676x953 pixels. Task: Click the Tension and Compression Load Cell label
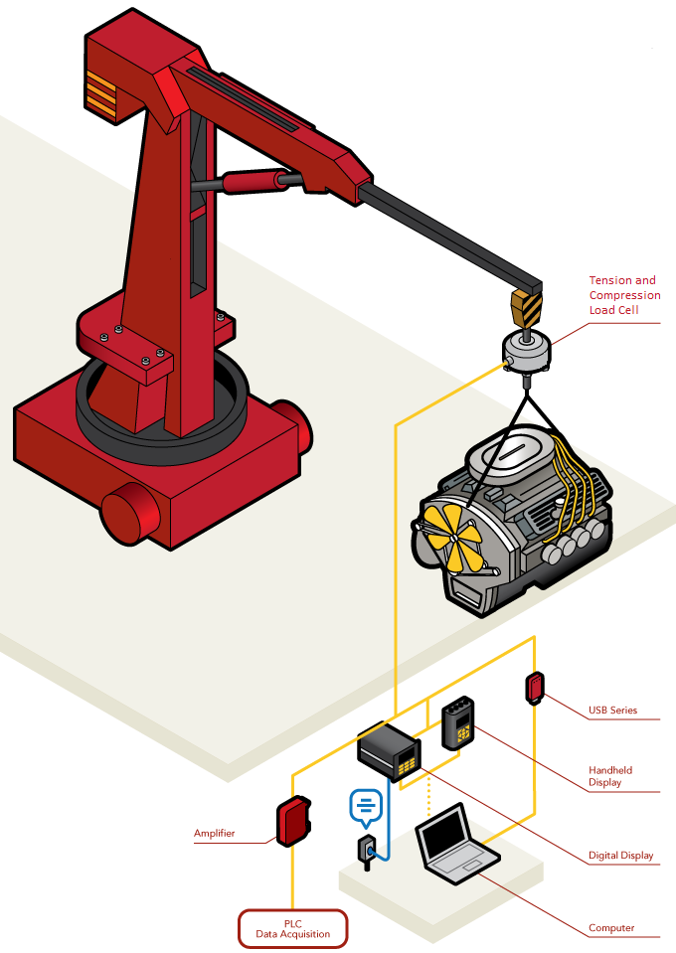624,295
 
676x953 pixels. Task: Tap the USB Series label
612,710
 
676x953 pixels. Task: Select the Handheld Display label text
610,776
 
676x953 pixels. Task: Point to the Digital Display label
620,856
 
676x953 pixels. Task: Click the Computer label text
611,928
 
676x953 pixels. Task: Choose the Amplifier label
214,834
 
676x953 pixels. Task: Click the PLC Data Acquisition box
292,929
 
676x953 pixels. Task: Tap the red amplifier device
293,821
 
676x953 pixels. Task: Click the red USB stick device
535,688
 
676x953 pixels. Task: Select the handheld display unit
457,722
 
